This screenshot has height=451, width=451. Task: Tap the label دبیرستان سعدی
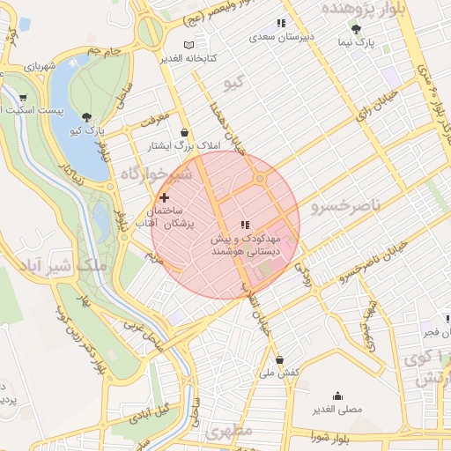(x=280, y=37)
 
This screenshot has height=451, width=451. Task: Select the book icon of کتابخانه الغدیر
(x=189, y=44)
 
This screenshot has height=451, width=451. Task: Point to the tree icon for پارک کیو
(x=85, y=116)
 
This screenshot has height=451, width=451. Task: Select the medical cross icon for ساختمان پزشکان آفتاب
(x=165, y=198)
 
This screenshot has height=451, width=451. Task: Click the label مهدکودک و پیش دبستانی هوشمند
(x=244, y=245)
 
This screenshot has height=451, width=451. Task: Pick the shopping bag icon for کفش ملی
(x=280, y=359)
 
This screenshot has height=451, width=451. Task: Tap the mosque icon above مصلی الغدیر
(x=336, y=396)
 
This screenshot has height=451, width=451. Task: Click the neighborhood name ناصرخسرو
(x=345, y=206)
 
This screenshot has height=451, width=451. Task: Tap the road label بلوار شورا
(x=336, y=435)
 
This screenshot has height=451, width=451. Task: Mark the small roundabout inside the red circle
(x=260, y=179)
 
